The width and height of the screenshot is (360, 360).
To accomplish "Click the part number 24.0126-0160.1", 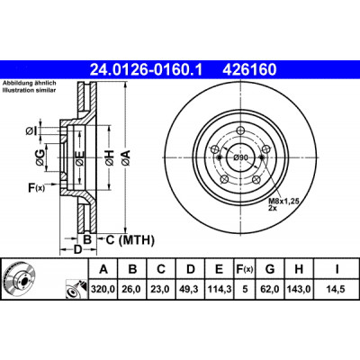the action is pyautogui.click(x=147, y=69).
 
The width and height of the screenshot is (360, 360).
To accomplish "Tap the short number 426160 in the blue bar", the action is pyautogui.click(x=249, y=69).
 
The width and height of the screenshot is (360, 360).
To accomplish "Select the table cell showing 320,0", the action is pyautogui.click(x=103, y=289).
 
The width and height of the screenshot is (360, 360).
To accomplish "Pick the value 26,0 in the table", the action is pyautogui.click(x=132, y=289).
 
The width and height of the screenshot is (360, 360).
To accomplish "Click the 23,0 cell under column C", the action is pyautogui.click(x=161, y=289).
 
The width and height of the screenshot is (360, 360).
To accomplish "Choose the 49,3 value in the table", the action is pyautogui.click(x=191, y=289).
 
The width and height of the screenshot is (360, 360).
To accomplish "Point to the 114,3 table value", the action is pyautogui.click(x=219, y=289).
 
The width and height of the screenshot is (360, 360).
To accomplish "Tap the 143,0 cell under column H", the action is pyautogui.click(x=299, y=289).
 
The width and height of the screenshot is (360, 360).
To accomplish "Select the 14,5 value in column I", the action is pyautogui.click(x=337, y=289).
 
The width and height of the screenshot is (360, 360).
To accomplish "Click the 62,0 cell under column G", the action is pyautogui.click(x=270, y=289).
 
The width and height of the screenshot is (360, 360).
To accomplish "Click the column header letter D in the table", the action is pyautogui.click(x=191, y=269).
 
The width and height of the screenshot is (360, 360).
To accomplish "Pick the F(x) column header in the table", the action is pyautogui.click(x=244, y=269).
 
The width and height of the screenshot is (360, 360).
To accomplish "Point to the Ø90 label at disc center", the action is pyautogui.click(x=241, y=157).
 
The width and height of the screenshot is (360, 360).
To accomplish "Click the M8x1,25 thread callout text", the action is pyautogui.click(x=283, y=202).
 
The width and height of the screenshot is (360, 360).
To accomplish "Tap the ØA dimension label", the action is pyautogui.click(x=126, y=157).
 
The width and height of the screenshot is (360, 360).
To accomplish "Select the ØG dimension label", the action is pyautogui.click(x=40, y=157).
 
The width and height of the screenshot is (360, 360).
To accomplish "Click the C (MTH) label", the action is pyautogui.click(x=130, y=240).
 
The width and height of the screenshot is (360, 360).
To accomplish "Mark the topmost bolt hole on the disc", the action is pyautogui.click(x=240, y=130).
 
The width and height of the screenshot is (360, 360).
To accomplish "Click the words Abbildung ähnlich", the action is pyautogui.click(x=30, y=84).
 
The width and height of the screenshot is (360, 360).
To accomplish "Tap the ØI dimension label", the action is pyautogui.click(x=31, y=131).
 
